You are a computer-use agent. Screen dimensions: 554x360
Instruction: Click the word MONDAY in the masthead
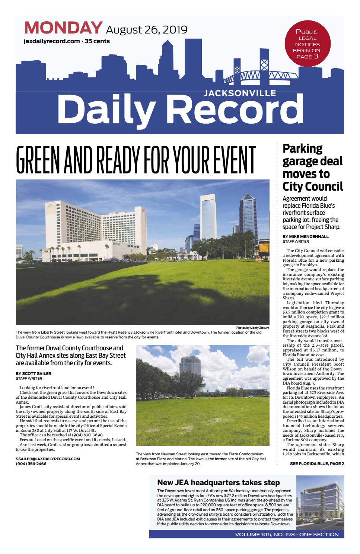63,28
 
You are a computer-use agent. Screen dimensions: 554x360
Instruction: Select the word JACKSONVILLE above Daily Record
240,93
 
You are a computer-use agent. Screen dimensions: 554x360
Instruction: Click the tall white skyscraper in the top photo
208,220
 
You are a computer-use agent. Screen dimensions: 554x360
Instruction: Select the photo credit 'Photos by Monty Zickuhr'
252,328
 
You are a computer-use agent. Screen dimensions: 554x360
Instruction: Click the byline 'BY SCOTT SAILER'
34,373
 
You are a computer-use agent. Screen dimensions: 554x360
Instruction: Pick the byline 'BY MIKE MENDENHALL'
306,236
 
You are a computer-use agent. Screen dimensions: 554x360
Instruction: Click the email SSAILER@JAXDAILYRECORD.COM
48,459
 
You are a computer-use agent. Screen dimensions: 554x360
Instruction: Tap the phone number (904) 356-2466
31,464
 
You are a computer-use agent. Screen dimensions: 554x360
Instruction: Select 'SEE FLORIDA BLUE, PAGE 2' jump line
317,464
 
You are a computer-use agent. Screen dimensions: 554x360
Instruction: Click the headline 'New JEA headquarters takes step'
218,483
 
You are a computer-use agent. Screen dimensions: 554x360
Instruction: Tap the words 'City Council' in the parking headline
313,186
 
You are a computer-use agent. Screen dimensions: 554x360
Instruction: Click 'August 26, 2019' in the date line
147,29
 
